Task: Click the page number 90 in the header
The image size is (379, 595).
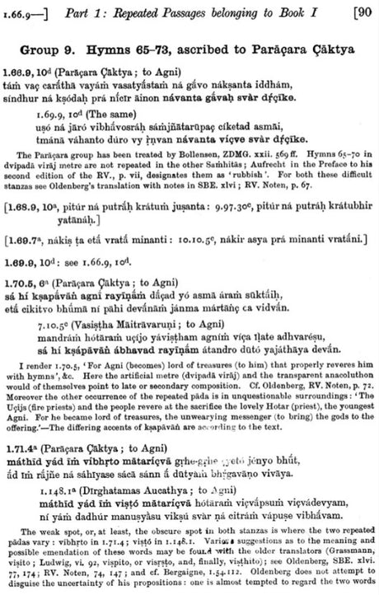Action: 363,12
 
